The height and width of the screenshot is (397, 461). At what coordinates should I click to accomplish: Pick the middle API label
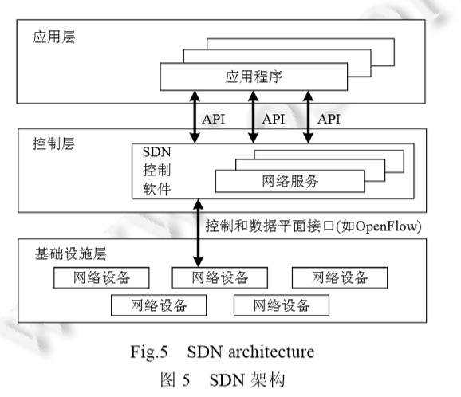(274, 119)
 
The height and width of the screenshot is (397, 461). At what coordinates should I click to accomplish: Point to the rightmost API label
(330, 119)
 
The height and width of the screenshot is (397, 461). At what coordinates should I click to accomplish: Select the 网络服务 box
(290, 180)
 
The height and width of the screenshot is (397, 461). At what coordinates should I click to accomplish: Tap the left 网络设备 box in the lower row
(159, 305)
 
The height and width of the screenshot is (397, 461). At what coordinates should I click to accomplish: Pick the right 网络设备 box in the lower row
(282, 305)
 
